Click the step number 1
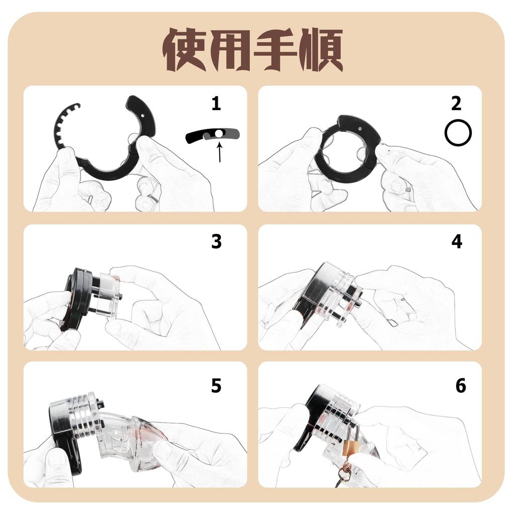pyautogui.click(x=216, y=104)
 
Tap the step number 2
pyautogui.click(x=456, y=104)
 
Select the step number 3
pyautogui.click(x=216, y=242)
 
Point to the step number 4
pyautogui.click(x=456, y=242)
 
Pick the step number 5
pyautogui.click(x=216, y=386)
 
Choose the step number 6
pyautogui.click(x=460, y=386)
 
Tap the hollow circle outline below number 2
pyautogui.click(x=458, y=133)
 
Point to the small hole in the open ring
pyautogui.click(x=145, y=115)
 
